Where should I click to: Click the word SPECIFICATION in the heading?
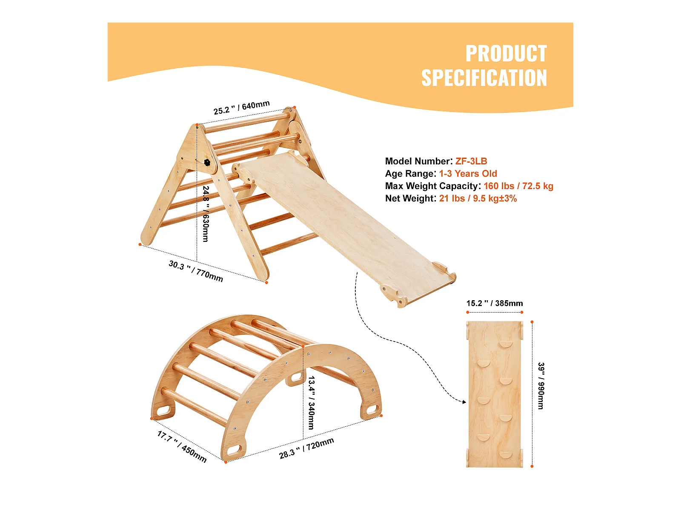484,78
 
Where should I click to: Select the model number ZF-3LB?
471,161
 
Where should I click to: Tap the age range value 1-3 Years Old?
468,173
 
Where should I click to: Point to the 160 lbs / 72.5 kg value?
518,186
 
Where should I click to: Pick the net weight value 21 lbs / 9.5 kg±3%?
478,198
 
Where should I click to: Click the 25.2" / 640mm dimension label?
241,107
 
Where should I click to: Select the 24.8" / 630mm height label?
206,214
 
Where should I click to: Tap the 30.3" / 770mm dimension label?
196,271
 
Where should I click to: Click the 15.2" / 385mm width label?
495,303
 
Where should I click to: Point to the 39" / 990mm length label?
541,386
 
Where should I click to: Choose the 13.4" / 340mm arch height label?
311,402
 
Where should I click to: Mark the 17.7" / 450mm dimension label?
182,446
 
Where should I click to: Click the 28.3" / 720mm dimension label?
306,448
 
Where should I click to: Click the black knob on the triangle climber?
207,162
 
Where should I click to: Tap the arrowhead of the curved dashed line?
464,402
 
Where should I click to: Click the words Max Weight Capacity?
432,186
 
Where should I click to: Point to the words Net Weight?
410,198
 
